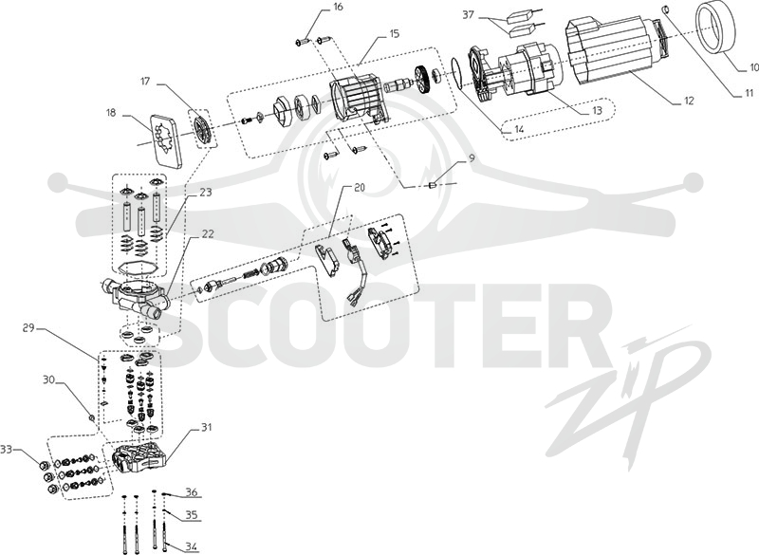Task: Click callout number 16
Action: pyautogui.click(x=338, y=8)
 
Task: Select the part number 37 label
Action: pyautogui.click(x=468, y=15)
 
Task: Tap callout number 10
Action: pyautogui.click(x=752, y=67)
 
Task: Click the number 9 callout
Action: pyautogui.click(x=472, y=157)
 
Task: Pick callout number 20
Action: pyautogui.click(x=360, y=188)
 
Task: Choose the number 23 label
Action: pyautogui.click(x=205, y=192)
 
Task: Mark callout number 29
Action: pyautogui.click(x=28, y=328)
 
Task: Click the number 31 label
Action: pyautogui.click(x=207, y=428)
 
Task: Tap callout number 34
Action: pyautogui.click(x=192, y=546)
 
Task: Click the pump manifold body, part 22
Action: pyautogui.click(x=134, y=297)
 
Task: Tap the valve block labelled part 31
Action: pyautogui.click(x=140, y=457)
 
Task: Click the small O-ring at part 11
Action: pyautogui.click(x=666, y=9)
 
